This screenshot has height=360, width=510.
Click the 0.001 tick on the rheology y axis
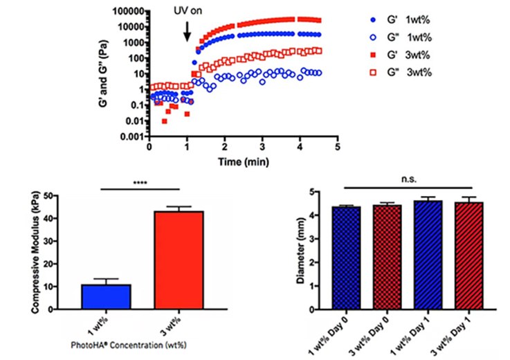pyautogui.click(x=131, y=136)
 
